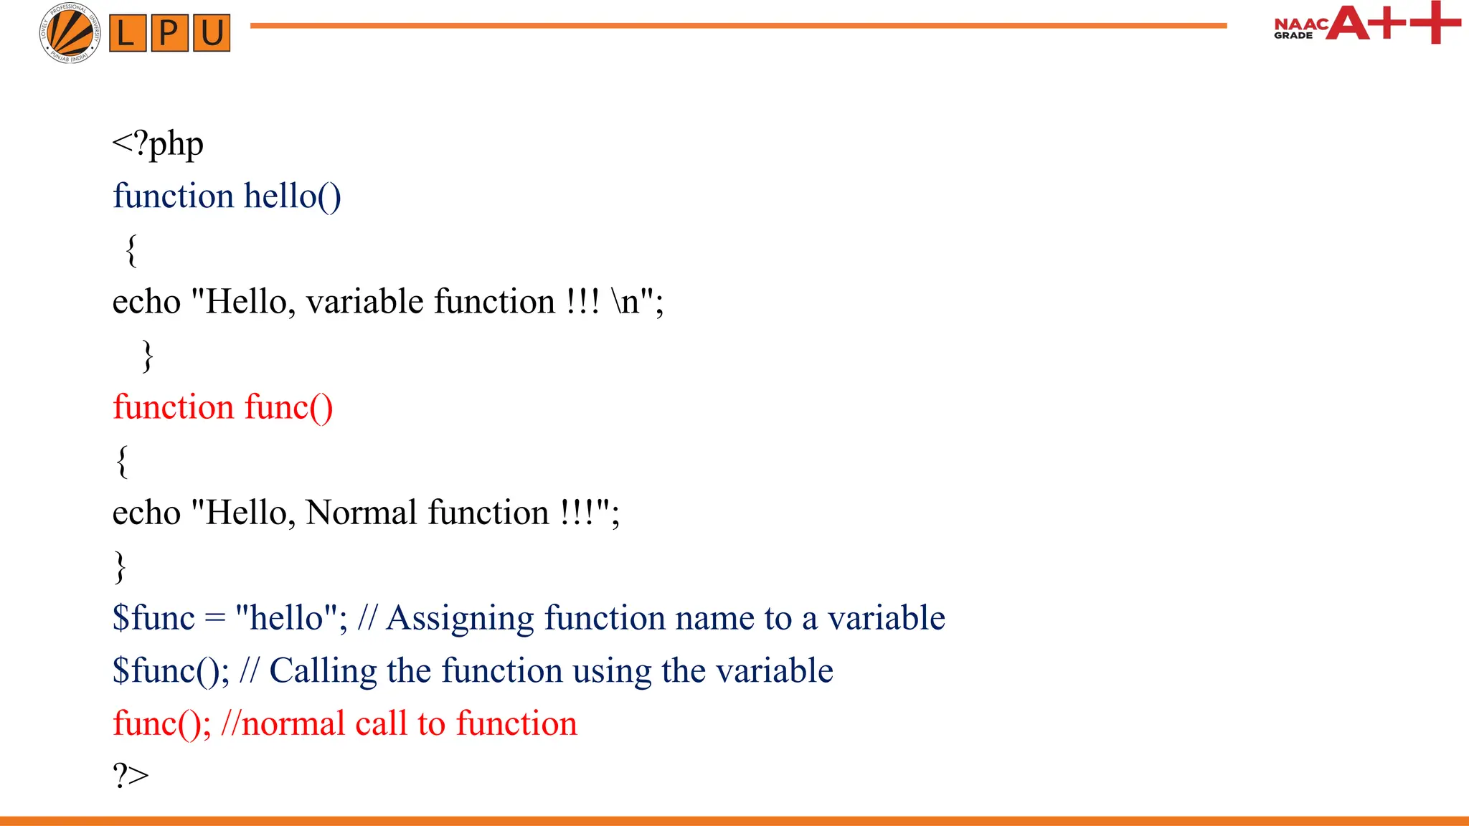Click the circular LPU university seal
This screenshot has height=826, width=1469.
coord(70,33)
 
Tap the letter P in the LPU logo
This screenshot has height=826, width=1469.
coord(169,33)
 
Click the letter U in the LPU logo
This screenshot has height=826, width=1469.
coord(212,33)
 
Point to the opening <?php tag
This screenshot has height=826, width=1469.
coord(158,143)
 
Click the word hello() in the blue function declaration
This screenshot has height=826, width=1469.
coord(292,196)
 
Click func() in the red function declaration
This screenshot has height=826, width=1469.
coord(288,407)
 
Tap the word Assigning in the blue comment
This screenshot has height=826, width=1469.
coord(460,618)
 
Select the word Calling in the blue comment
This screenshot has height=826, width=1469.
coord(323,671)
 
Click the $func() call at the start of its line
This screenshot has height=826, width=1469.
coord(170,671)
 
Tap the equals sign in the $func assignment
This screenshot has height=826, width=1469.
coord(214,618)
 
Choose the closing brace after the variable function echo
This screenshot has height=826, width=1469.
coord(148,356)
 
